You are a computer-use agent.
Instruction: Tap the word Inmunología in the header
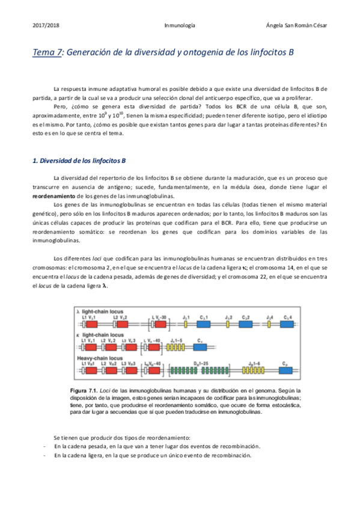click(x=179, y=26)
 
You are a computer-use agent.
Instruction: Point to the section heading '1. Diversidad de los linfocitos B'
click(x=78, y=161)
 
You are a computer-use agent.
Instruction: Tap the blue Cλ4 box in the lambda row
click(x=287, y=323)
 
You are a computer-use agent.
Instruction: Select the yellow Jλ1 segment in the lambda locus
click(x=186, y=323)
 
